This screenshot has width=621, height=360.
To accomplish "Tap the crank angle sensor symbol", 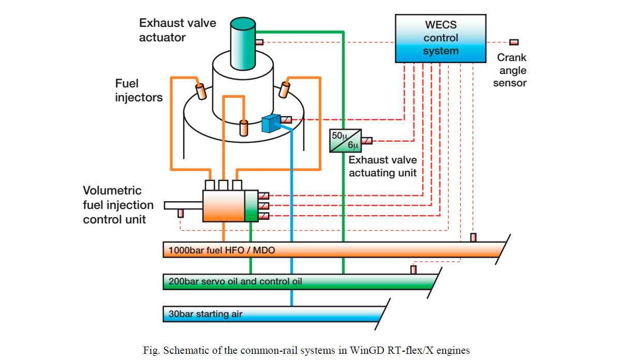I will [514, 42].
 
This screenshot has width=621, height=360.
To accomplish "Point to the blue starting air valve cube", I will [270, 124].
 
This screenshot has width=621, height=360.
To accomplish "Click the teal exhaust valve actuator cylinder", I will [243, 44].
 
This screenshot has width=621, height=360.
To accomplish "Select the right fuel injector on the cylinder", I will [284, 89].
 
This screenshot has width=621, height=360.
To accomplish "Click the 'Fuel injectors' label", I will [139, 90].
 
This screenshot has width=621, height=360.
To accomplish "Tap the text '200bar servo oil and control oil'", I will [235, 282].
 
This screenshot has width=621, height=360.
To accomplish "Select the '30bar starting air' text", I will [205, 313].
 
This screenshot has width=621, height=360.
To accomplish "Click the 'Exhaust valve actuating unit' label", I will [382, 167].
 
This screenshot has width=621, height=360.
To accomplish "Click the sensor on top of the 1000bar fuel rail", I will [473, 237].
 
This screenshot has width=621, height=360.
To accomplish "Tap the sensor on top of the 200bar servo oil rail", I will [413, 269].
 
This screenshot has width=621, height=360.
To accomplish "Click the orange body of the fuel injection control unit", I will [223, 206].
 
